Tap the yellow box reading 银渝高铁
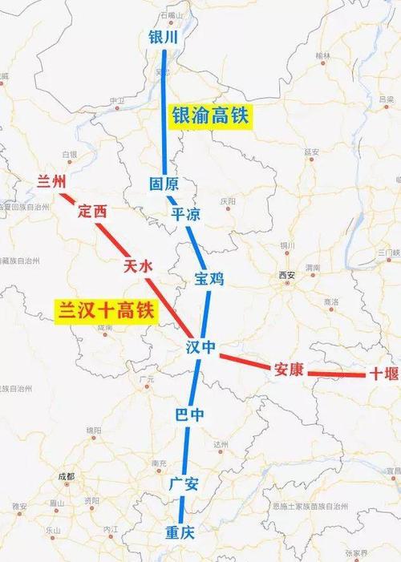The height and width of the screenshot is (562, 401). [x=210, y=115]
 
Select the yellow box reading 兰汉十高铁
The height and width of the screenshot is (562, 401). [x=105, y=310]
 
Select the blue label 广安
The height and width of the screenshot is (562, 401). [x=184, y=483]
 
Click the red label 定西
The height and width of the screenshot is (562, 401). [x=91, y=212]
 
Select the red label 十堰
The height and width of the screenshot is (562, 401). [x=380, y=374]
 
